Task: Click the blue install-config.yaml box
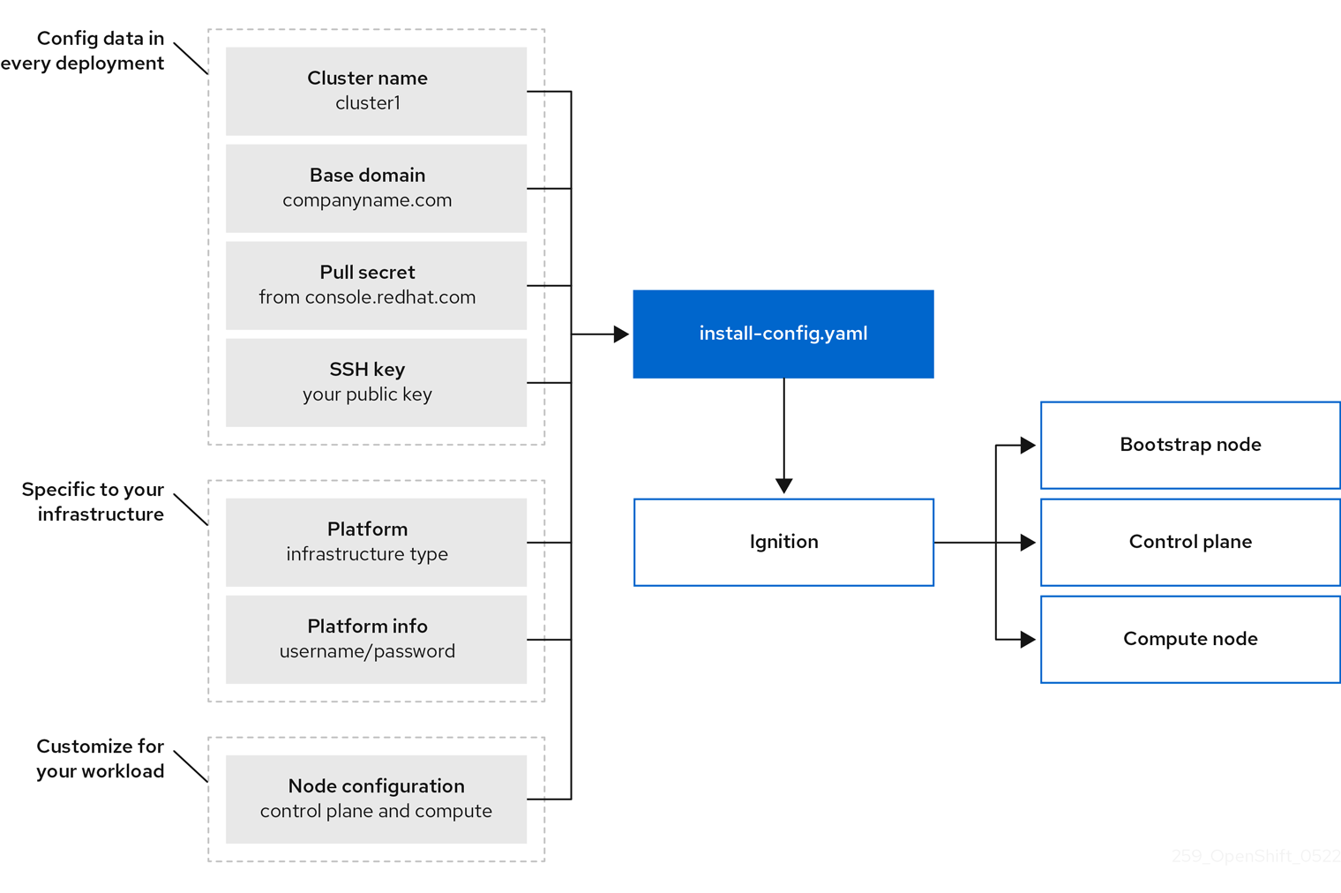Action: click(783, 334)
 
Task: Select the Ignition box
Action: click(783, 542)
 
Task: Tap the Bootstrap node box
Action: click(1189, 445)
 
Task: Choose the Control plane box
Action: click(1189, 542)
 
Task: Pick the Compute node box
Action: click(1189, 639)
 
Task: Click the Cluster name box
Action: click(376, 91)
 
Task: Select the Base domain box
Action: click(376, 188)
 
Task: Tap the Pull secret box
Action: click(376, 285)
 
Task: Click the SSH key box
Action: click(376, 382)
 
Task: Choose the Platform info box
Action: click(376, 639)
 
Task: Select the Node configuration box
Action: click(376, 799)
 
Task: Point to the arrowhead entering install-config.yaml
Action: click(621, 334)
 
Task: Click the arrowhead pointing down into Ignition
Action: click(783, 485)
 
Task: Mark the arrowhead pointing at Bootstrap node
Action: click(1027, 446)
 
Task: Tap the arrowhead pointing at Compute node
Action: click(1027, 640)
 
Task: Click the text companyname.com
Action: click(367, 200)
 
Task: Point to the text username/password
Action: click(367, 651)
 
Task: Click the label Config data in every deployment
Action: click(85, 51)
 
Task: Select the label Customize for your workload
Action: click(100, 759)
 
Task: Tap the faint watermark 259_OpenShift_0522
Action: click(1255, 856)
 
